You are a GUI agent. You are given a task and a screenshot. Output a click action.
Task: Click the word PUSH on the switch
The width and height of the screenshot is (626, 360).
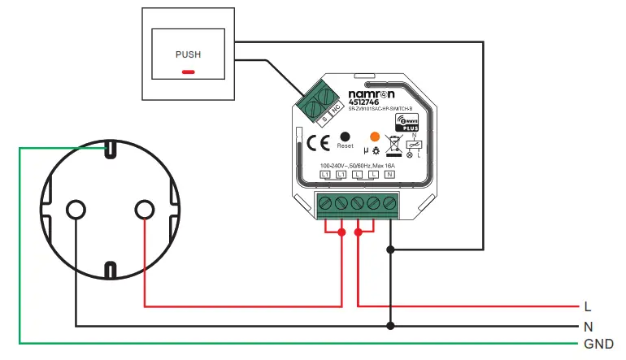coord(188,54)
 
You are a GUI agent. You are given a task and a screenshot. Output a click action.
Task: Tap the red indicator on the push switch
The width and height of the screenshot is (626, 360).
coord(188,72)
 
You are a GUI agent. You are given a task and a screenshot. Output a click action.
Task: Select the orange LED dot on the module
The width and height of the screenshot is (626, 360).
coord(375,137)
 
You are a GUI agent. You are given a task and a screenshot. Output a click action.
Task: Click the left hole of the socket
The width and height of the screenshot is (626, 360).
coord(76,210)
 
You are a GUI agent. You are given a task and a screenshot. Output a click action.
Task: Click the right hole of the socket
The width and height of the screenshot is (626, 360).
coord(144,210)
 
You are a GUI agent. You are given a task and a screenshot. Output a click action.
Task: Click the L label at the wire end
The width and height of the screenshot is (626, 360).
coord(587,307)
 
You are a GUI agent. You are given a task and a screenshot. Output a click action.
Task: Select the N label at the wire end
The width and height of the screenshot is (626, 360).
coord(588,326)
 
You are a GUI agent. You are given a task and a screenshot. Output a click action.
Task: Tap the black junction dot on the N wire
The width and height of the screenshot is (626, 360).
coord(390,326)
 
